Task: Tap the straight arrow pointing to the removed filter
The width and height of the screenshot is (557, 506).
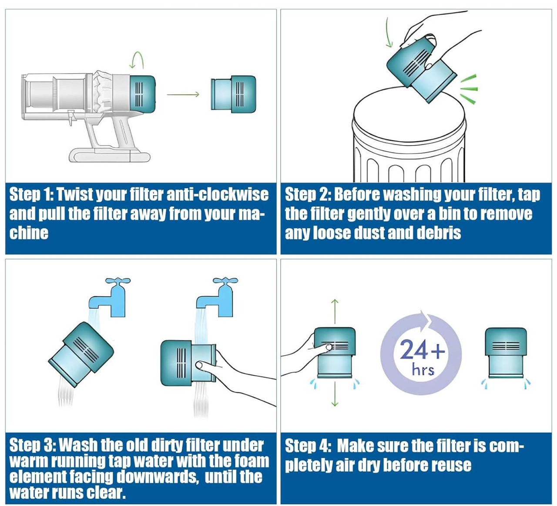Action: [183, 95]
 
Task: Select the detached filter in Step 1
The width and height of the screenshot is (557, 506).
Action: [233, 94]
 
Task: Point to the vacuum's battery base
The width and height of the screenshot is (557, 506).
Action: [109, 155]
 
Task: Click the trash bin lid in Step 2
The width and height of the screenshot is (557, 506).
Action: [409, 113]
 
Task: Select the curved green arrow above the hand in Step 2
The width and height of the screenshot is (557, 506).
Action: [389, 33]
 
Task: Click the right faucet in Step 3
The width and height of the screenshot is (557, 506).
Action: [218, 296]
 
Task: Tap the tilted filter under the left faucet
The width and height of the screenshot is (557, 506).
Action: [81, 353]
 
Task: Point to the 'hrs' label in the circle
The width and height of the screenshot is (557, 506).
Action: [423, 370]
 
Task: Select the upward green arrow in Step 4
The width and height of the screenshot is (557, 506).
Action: [334, 311]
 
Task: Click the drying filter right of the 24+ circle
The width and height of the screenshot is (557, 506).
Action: [505, 353]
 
